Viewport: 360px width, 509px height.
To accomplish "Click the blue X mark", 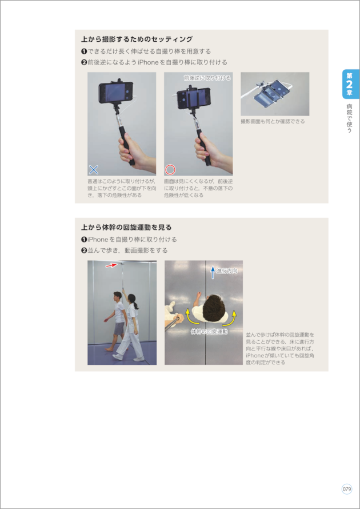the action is click(x=93, y=169).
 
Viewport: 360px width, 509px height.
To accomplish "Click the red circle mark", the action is click(x=170, y=169).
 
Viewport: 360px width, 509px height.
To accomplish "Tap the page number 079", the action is click(x=347, y=489).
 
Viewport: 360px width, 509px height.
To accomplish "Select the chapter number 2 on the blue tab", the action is click(x=350, y=85).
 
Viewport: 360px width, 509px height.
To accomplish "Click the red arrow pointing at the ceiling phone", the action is click(x=111, y=265).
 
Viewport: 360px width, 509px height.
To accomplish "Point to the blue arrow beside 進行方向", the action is click(x=213, y=272).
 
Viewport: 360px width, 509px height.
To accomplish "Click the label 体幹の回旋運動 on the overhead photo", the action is click(x=209, y=332).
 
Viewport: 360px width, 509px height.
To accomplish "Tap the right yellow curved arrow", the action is click(x=231, y=319).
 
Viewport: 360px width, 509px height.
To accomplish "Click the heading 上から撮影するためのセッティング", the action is click(x=137, y=39).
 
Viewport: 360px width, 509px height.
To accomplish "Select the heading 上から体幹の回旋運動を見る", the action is click(x=126, y=227).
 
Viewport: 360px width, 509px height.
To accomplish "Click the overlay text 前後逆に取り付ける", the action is click(x=207, y=78).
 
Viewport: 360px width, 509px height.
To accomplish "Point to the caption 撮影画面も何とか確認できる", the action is click(x=273, y=121).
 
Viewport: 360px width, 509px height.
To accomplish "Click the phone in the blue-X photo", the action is click(x=116, y=93).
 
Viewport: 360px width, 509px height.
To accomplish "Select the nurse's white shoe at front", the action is click(x=117, y=356).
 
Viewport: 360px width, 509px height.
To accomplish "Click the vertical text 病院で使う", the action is click(x=349, y=118).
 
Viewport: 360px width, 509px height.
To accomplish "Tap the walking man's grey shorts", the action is click(x=119, y=328).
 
